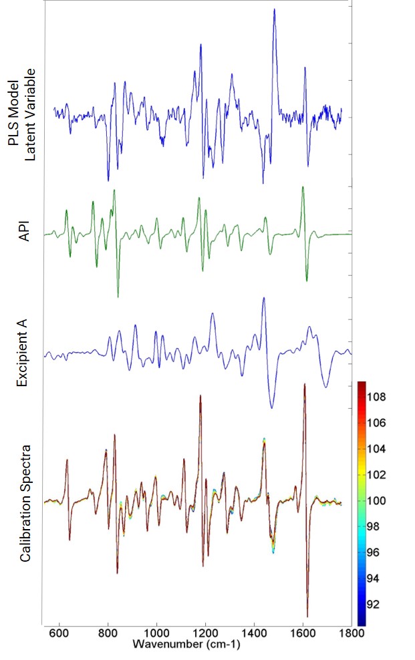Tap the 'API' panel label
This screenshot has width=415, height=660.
tap(25, 234)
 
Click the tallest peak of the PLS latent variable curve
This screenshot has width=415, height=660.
tap(274, 10)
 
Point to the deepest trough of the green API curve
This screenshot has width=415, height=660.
tap(118, 297)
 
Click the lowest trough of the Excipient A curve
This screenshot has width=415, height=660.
tap(271, 407)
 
